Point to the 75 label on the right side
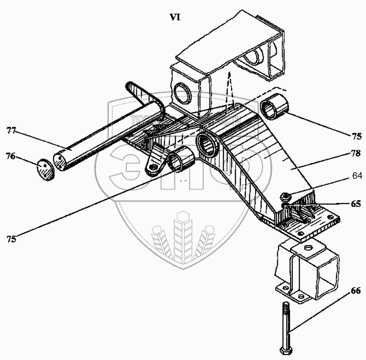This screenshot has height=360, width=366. coord(357,136)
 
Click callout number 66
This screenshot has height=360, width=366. coord(355,291)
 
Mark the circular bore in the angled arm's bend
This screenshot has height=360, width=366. coord(210,146)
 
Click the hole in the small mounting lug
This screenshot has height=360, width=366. coord(153,169)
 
